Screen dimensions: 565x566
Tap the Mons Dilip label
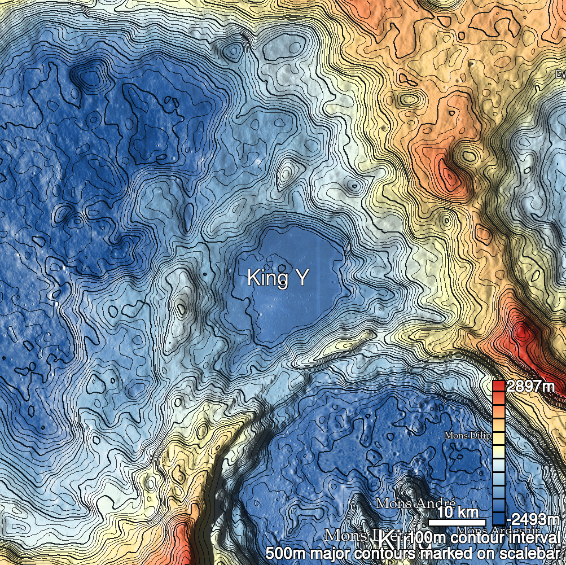(468, 436)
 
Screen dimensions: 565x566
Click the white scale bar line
(460, 522)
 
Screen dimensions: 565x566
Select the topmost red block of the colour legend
(498, 386)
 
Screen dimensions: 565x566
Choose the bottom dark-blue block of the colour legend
(498, 519)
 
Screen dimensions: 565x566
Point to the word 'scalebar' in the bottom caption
(530, 554)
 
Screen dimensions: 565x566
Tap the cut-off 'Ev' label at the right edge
(560, 75)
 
